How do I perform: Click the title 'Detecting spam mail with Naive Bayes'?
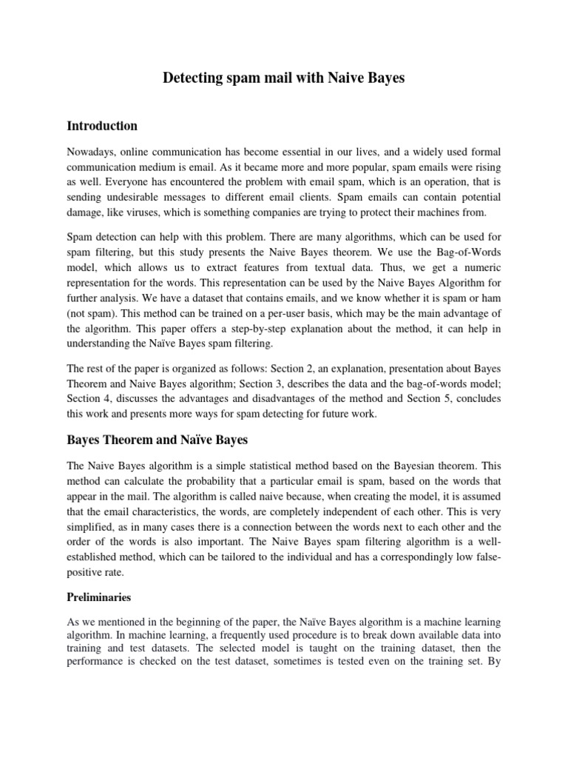[x=284, y=78]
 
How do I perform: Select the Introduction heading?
[x=102, y=126]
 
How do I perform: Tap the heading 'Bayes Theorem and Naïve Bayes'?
[x=157, y=440]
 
